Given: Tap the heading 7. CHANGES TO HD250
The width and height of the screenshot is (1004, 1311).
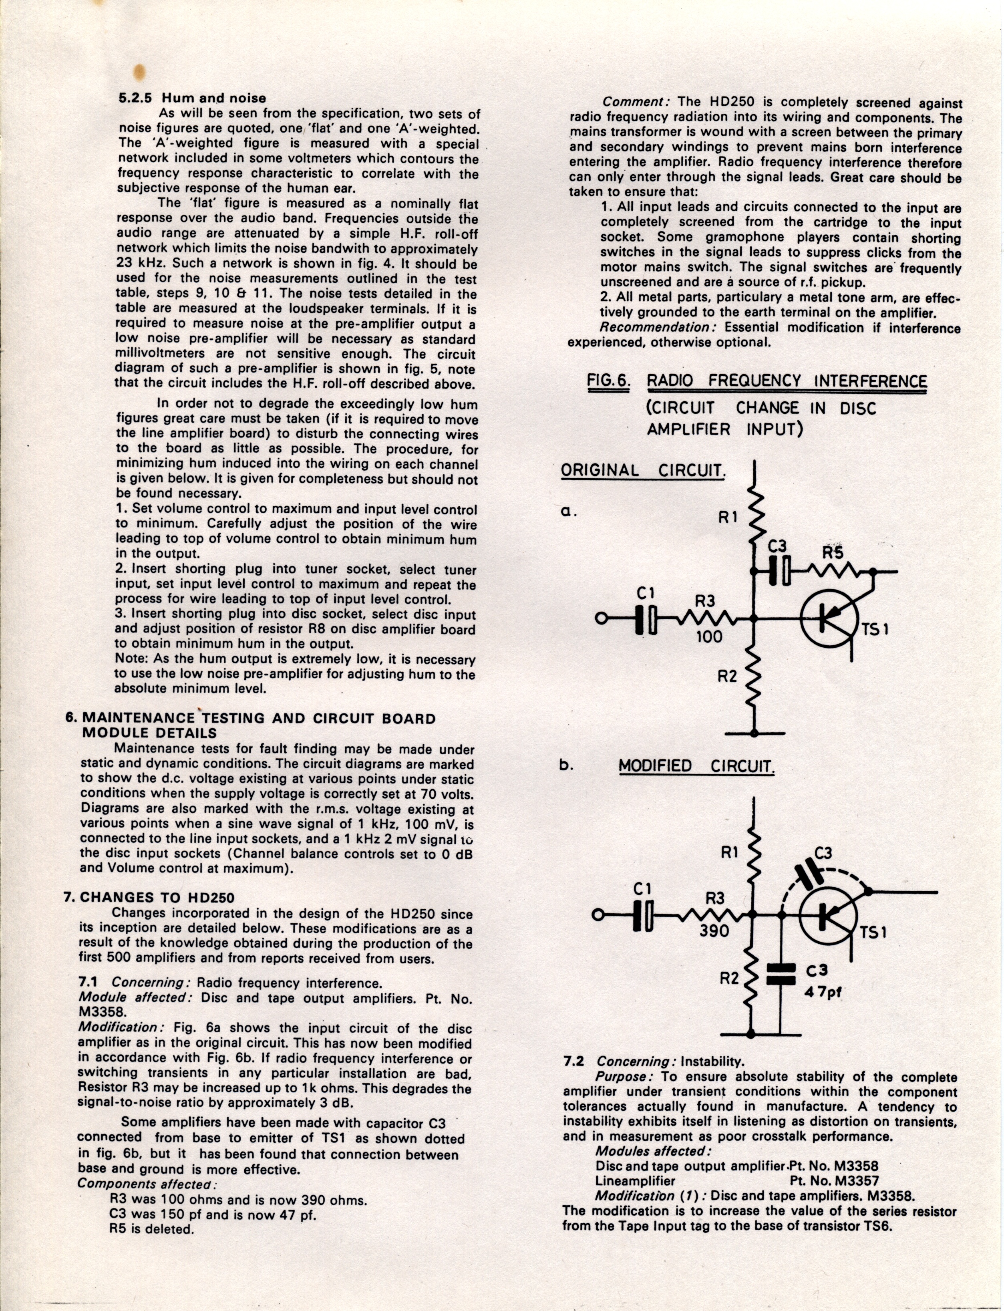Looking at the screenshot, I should [x=149, y=897].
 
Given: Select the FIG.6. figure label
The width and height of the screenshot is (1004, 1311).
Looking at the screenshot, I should [x=608, y=381].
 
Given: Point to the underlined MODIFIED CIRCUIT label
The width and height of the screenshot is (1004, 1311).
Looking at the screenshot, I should [x=696, y=766].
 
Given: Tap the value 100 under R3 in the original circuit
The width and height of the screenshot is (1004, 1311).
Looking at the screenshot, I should [x=709, y=636].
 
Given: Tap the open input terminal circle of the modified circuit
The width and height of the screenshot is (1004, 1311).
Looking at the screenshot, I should [x=596, y=914].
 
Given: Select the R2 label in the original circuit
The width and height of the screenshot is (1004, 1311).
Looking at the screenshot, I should [x=727, y=676].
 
